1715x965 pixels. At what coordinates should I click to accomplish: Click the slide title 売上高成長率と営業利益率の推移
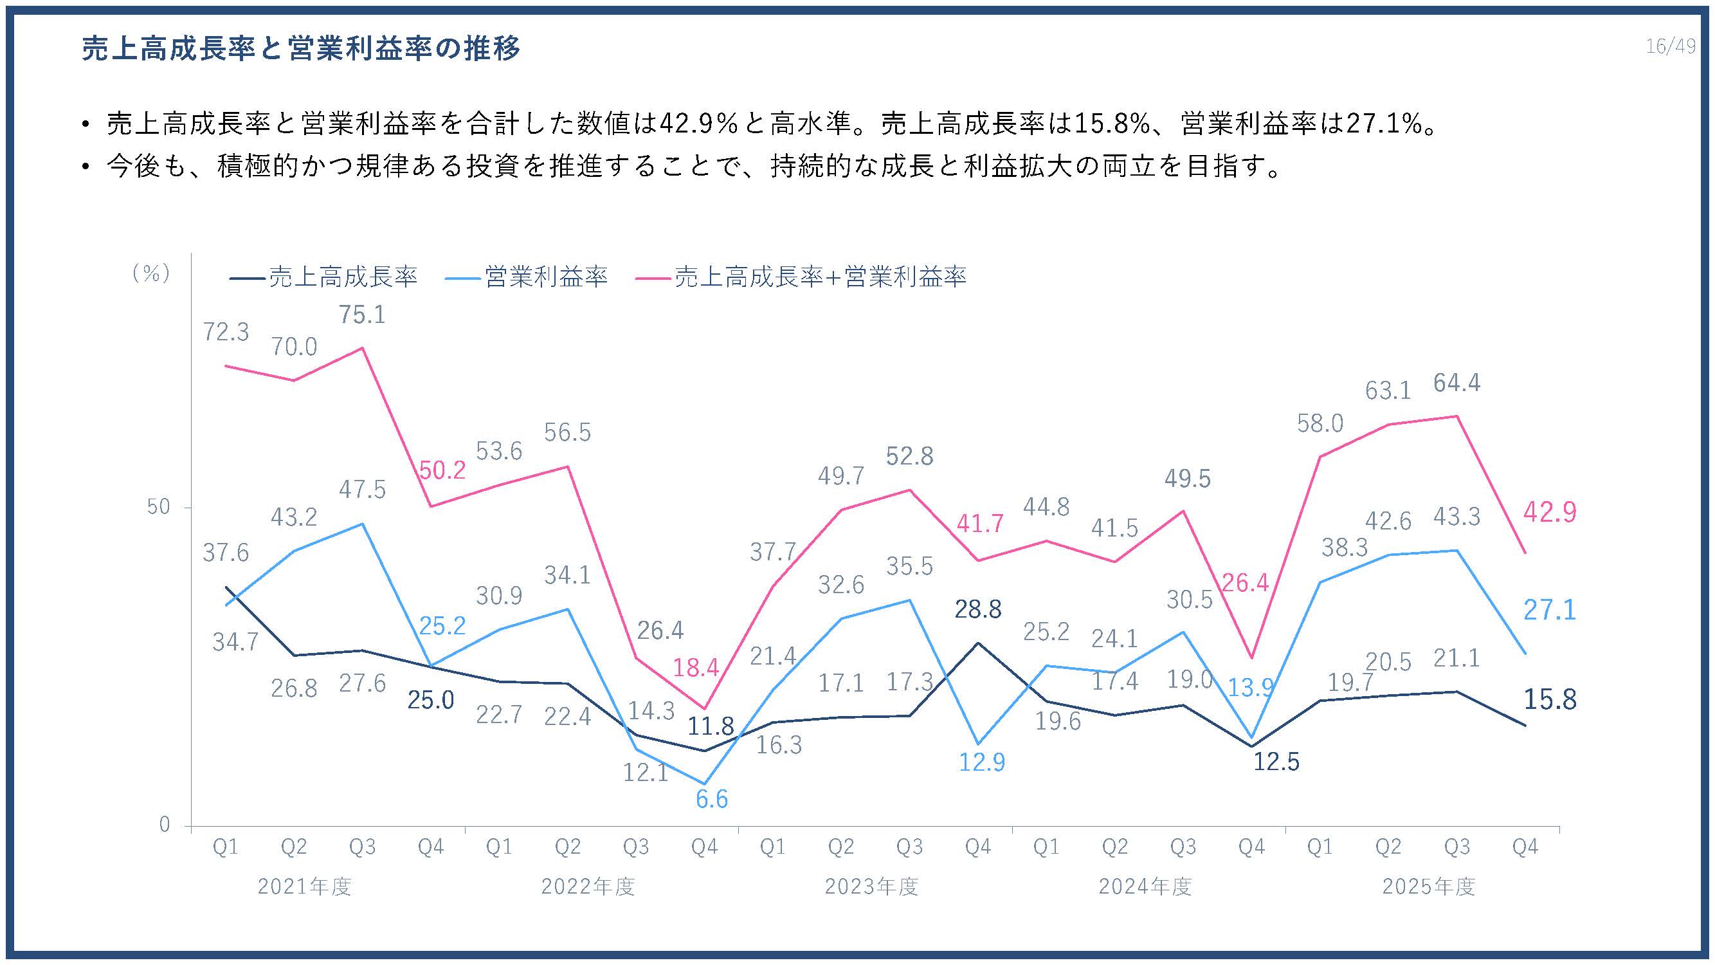coord(301,49)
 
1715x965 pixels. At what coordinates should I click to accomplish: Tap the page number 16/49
coord(1671,46)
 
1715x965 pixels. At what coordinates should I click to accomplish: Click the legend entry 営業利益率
coord(526,277)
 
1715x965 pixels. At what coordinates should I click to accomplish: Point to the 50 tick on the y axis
coord(158,508)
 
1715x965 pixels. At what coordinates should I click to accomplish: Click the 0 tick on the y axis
coord(165,825)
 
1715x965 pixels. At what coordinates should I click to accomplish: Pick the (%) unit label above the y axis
coord(151,273)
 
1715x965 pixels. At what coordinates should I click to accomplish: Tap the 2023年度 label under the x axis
coord(871,887)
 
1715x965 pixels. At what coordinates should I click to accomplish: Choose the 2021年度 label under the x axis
coord(304,887)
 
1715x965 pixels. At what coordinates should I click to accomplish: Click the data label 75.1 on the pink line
coord(362,315)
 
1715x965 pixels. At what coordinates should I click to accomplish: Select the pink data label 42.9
coord(1550,512)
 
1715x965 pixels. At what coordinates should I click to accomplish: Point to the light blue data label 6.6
coord(712,798)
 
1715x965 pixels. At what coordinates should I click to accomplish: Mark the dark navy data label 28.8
coord(977,609)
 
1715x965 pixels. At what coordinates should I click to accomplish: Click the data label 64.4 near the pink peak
coord(1456,383)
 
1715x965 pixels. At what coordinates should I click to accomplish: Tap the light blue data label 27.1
coord(1550,610)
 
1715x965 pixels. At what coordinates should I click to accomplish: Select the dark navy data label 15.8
coord(1550,699)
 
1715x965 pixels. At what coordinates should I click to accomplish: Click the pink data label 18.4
coord(696,667)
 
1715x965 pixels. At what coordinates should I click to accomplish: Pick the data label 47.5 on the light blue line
coord(362,490)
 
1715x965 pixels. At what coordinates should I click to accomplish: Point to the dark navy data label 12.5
coord(1276,761)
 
